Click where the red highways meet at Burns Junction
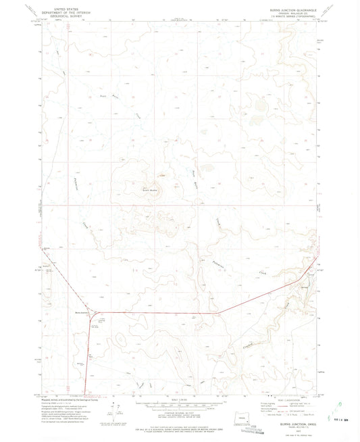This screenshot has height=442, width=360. point(90,314)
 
